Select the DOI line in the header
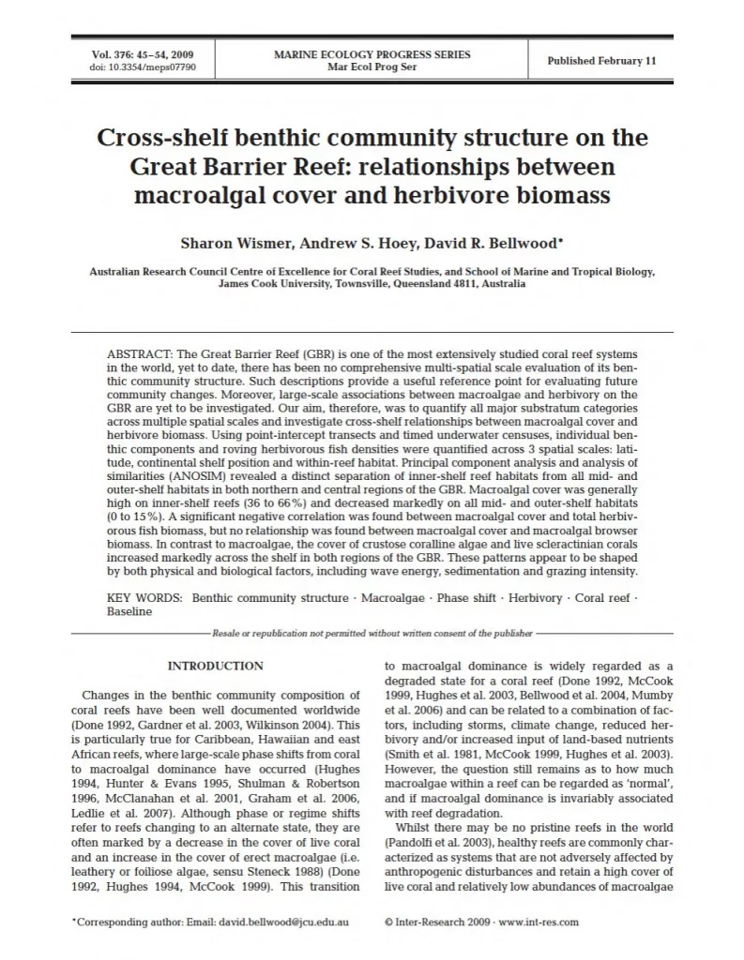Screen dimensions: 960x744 130,67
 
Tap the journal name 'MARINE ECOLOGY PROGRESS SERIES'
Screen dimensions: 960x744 372,54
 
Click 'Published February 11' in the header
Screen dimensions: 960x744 601,61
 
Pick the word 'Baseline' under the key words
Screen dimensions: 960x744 129,610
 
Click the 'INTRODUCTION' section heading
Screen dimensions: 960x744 215,666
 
